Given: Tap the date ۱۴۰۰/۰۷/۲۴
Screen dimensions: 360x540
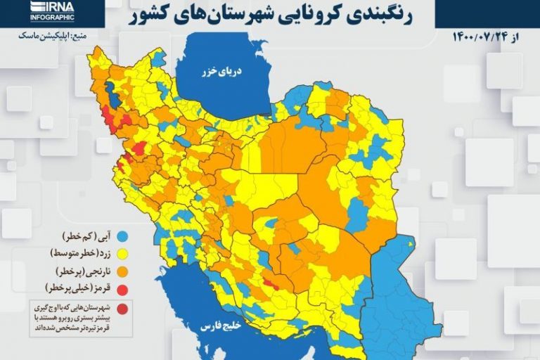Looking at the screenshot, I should (x=484, y=37).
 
